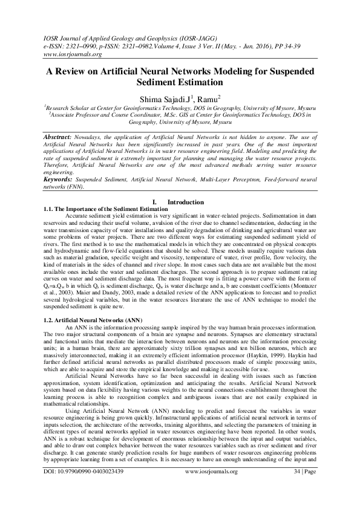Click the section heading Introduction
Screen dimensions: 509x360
[x=185, y=201]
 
